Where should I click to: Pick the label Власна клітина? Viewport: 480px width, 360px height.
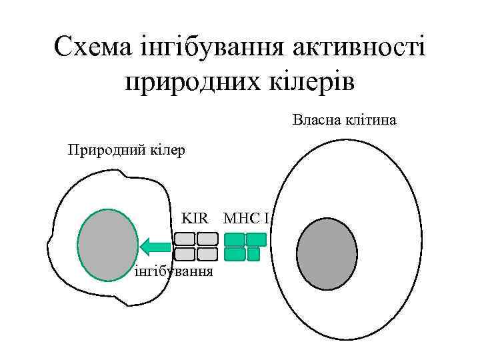(344, 121)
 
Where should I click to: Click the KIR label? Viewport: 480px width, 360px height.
(195, 218)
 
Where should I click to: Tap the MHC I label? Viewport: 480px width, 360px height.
(246, 218)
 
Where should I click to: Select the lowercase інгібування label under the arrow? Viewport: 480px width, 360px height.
(174, 271)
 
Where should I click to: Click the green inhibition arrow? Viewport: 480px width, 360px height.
(155, 246)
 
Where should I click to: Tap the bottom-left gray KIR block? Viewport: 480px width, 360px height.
(185, 254)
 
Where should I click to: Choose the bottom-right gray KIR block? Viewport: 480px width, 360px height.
(207, 254)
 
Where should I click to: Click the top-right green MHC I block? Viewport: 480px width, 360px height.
(257, 239)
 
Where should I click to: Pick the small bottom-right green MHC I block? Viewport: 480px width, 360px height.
(253, 254)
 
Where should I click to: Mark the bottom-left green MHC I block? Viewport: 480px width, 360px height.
(235, 254)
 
